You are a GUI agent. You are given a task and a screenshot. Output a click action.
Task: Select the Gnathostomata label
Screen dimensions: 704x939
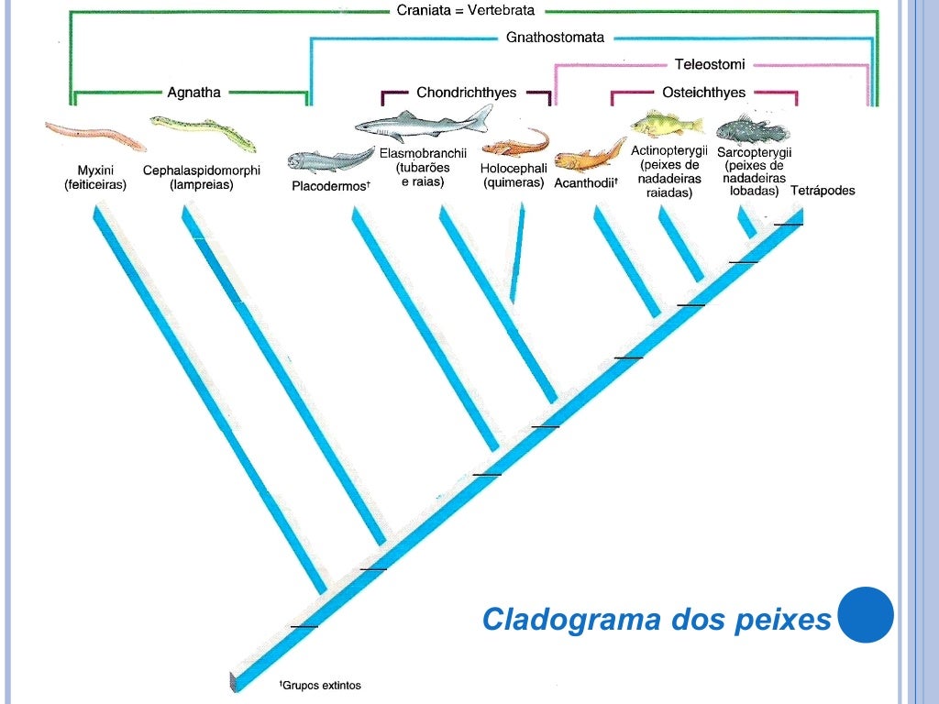point(555,38)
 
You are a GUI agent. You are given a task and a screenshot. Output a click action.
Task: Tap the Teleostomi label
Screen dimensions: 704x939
point(710,64)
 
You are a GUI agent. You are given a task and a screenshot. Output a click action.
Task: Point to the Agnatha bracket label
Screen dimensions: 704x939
point(193,92)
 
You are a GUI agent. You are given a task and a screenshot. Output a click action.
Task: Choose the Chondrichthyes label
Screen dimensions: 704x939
point(466,93)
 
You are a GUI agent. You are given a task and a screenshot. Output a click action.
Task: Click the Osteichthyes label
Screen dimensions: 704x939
point(703,93)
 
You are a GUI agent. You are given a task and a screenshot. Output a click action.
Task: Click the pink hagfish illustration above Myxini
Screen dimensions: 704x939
point(95,136)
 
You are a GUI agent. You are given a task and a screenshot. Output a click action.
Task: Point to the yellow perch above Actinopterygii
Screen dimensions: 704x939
point(667,122)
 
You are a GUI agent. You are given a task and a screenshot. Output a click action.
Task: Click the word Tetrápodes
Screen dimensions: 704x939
point(823,192)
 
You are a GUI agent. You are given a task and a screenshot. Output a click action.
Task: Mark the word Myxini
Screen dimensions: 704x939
point(95,170)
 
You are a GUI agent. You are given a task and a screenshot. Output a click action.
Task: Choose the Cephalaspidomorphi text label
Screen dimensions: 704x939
point(202,170)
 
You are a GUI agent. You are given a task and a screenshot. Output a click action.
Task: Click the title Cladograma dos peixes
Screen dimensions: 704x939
point(656,620)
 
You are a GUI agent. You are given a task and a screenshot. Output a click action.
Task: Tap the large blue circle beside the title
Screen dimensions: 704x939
point(866,615)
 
